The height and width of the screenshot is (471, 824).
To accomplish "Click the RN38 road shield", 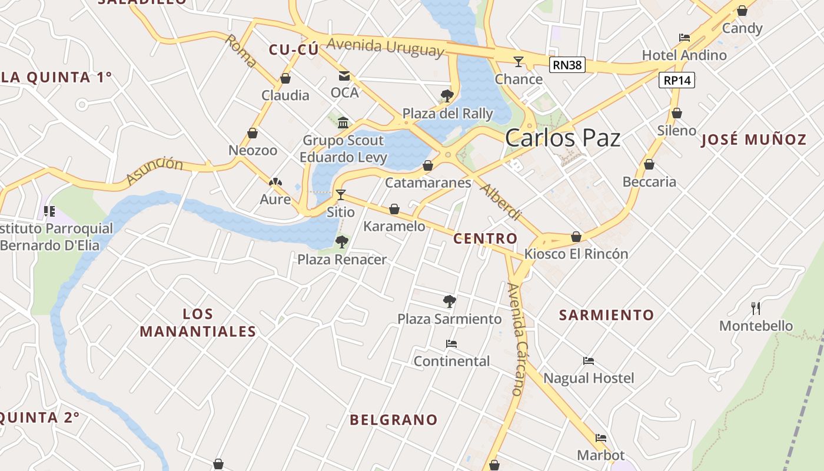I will pyautogui.click(x=568, y=65).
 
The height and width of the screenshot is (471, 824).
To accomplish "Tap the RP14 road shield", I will pyautogui.click(x=677, y=80).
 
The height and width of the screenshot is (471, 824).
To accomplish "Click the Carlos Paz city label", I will pyautogui.click(x=563, y=138).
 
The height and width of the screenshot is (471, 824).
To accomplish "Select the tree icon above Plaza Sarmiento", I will pyautogui.click(x=450, y=301).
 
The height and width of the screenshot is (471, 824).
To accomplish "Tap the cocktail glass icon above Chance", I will pyautogui.click(x=519, y=61).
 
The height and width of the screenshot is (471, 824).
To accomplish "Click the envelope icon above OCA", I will pyautogui.click(x=344, y=76).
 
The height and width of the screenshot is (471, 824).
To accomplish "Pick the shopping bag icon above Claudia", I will pyautogui.click(x=285, y=78).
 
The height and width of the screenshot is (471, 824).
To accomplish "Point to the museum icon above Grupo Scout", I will pyautogui.click(x=343, y=122).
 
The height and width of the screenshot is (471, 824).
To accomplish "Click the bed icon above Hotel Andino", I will pyautogui.click(x=684, y=38).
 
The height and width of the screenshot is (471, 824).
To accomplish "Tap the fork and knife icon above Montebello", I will pyautogui.click(x=756, y=308).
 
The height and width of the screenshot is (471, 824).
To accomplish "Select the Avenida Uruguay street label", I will pyautogui.click(x=385, y=47).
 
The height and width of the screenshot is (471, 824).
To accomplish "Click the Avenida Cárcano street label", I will pyautogui.click(x=516, y=339).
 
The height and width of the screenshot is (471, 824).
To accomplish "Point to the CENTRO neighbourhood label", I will pyautogui.click(x=485, y=238).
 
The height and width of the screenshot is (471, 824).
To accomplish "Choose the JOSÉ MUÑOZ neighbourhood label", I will pyautogui.click(x=754, y=140).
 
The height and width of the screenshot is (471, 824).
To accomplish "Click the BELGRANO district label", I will pyautogui.click(x=394, y=420).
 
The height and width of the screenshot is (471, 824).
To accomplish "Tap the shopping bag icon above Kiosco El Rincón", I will pyautogui.click(x=576, y=237).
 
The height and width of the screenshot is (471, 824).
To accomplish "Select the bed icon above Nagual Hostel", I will pyautogui.click(x=589, y=360).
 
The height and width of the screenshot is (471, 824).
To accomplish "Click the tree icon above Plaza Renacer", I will pyautogui.click(x=342, y=241).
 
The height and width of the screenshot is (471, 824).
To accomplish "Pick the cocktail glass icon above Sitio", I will pyautogui.click(x=341, y=194).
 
